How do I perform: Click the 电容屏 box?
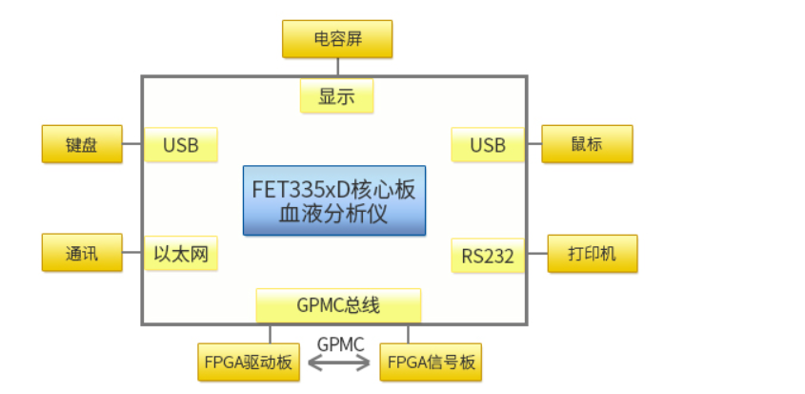click(337, 40)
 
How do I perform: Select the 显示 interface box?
click(336, 96)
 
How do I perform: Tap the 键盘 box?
click(82, 145)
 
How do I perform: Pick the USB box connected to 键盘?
click(181, 145)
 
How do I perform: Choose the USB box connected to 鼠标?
click(488, 145)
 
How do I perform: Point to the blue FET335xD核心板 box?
click(333, 189)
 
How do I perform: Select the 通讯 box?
click(82, 254)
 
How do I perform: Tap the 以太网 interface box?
click(181, 254)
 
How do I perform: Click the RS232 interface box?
click(488, 255)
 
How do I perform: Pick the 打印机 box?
click(593, 254)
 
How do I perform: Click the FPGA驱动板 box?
click(247, 363)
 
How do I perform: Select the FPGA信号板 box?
click(431, 363)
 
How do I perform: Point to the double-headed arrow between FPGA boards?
click(339, 363)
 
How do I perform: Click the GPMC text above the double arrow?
click(340, 342)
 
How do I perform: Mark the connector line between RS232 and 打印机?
click(536, 254)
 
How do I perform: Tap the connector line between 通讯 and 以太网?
click(133, 254)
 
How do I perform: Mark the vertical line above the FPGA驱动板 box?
click(271, 334)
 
